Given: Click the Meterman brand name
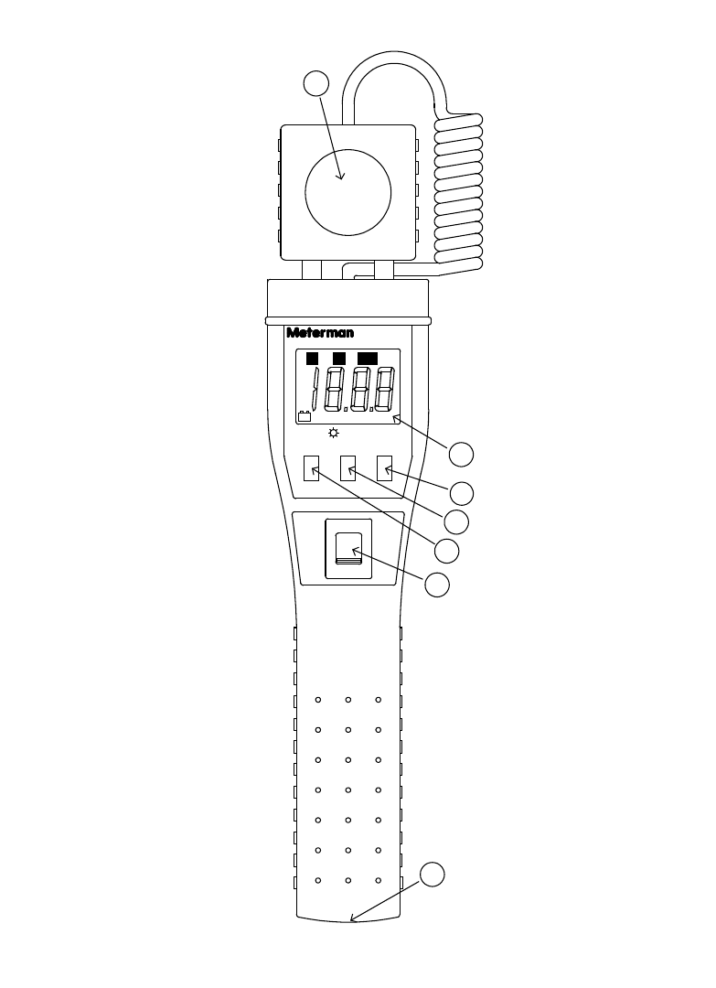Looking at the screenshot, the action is (320, 333).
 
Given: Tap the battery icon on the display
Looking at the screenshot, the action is (305, 416).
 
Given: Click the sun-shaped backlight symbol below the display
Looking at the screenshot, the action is (334, 434).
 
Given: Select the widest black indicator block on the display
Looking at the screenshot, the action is (369, 358).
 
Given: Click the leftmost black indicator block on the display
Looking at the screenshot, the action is (312, 358).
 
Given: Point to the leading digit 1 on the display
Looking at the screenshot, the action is (315, 389).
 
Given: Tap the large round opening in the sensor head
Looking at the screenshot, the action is (347, 191).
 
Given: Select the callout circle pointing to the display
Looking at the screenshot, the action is (462, 454).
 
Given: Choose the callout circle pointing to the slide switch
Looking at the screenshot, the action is (438, 585).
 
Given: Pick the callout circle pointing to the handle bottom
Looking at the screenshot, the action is (433, 874).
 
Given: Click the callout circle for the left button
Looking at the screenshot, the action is (446, 551).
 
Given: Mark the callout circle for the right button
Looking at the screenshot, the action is (463, 491).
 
